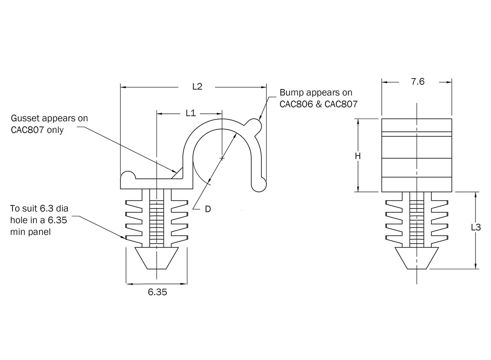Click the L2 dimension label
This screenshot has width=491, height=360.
197,87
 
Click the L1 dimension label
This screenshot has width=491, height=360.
190,113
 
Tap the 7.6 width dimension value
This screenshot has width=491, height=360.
417,82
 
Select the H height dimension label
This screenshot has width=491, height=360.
358,155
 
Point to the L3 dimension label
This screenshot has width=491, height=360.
476,228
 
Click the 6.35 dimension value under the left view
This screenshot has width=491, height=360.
158,292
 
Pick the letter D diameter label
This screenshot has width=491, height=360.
207,209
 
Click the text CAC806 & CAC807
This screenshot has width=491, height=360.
318,104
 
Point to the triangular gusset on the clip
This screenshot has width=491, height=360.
178,173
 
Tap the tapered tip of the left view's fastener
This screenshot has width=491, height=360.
156,258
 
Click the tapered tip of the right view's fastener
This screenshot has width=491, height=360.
417,258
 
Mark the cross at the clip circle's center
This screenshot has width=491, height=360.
222,157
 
